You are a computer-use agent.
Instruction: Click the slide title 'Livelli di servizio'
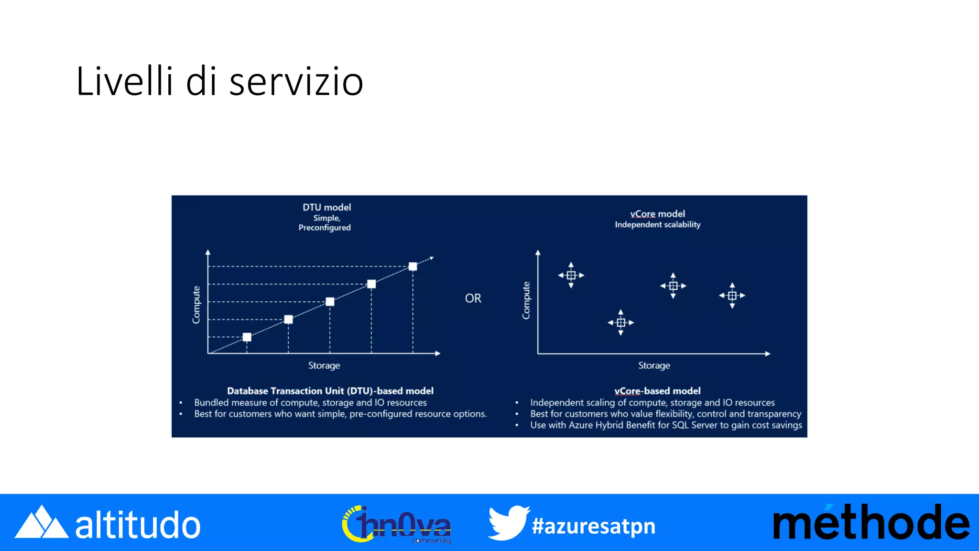point(219,81)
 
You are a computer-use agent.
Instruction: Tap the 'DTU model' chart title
point(326,207)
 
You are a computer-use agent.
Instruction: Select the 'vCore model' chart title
point(657,214)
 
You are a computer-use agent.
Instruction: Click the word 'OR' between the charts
point(473,298)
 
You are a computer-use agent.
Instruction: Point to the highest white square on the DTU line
point(413,266)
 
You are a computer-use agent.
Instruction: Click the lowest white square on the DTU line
point(247,337)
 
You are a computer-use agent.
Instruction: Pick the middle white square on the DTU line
point(330,302)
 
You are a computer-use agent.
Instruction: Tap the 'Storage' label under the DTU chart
point(324,365)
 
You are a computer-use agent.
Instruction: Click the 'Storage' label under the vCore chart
point(654,365)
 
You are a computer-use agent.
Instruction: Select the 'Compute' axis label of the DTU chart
point(196,305)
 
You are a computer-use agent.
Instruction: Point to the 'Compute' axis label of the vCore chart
point(526,300)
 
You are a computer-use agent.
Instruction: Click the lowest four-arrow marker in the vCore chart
point(620,322)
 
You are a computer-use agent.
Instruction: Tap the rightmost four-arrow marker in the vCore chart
point(732,296)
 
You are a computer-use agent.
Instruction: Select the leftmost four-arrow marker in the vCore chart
point(571,275)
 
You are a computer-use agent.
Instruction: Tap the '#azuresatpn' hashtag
point(593,526)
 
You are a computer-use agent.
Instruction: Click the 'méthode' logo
point(870,523)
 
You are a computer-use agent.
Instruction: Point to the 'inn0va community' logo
point(396,524)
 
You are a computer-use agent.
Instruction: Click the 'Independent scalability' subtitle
point(657,225)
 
